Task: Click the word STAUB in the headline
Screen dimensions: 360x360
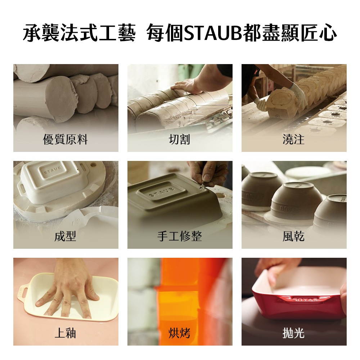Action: [213, 33]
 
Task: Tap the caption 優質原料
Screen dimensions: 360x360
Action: [66, 140]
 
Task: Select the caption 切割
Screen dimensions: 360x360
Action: [180, 140]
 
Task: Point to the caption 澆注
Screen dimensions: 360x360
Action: [294, 140]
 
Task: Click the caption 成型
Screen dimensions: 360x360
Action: [66, 237]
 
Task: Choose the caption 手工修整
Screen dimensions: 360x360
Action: [180, 237]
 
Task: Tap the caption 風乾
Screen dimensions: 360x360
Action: [294, 237]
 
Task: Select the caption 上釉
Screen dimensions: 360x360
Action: [66, 333]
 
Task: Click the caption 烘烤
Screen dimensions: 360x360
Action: [180, 333]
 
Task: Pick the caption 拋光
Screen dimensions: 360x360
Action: [294, 333]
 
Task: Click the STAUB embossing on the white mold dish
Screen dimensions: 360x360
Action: [53, 170]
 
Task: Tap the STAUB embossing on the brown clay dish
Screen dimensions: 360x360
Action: [162, 192]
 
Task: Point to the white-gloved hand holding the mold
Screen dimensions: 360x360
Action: [298, 96]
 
